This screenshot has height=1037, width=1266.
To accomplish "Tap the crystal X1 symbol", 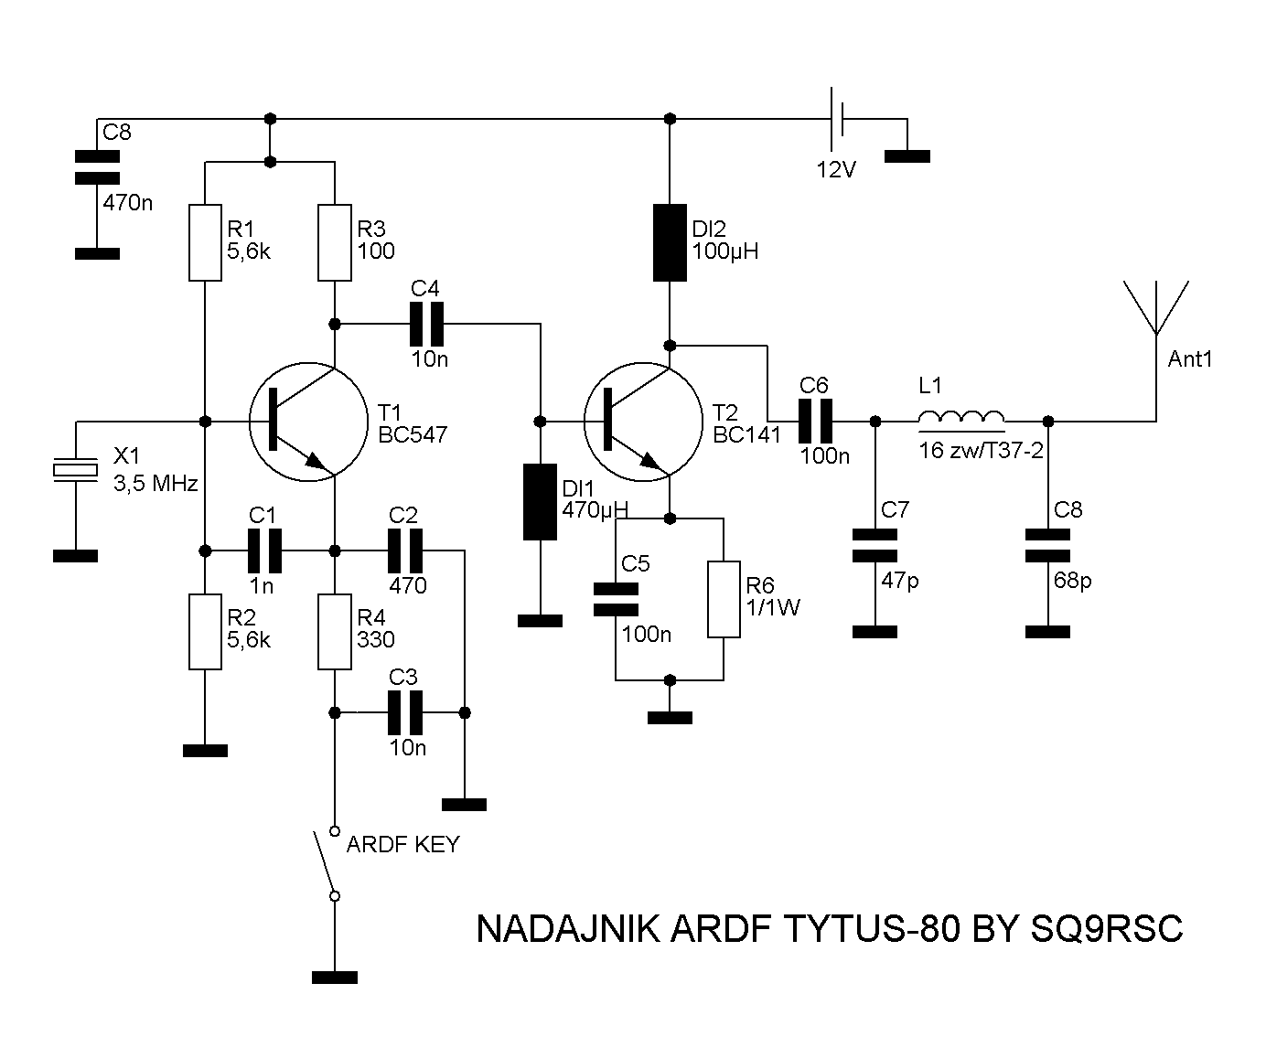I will click(x=75, y=469).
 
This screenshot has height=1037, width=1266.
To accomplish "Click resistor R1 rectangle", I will click(x=205, y=241).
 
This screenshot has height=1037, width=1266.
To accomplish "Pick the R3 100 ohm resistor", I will click(x=335, y=241).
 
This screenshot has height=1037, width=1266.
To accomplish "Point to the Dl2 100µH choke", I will click(x=670, y=241).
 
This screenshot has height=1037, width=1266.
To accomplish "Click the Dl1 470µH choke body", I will click(x=540, y=502).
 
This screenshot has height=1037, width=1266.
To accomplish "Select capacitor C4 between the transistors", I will click(x=426, y=324).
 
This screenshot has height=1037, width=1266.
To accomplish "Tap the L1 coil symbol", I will click(x=961, y=417).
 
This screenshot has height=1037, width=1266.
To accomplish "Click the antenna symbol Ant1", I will click(x=1156, y=307).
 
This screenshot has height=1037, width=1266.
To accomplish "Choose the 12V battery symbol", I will click(x=837, y=119).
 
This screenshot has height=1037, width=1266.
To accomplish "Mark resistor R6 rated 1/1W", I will click(x=724, y=599).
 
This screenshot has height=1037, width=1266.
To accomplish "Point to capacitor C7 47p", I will click(x=874, y=545).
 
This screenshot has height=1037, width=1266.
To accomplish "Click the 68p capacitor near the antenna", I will click(x=1048, y=545).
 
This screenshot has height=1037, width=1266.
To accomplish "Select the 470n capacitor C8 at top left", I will click(x=97, y=167).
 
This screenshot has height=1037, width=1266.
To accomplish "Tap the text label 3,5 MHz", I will click(x=155, y=484).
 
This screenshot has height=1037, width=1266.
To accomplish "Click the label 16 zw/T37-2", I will click(x=981, y=450).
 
